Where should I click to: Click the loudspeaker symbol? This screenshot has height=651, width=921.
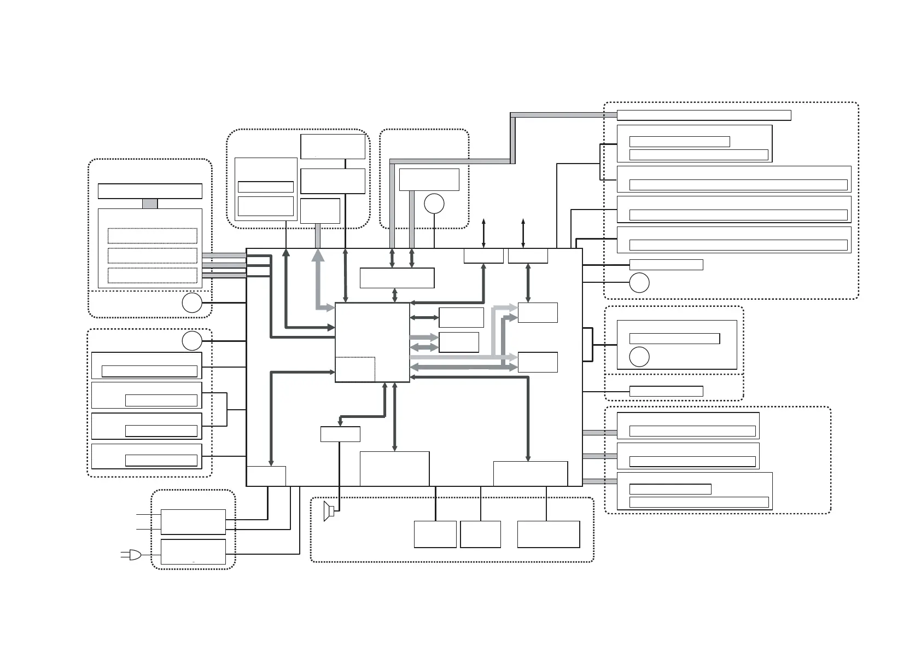[329, 510]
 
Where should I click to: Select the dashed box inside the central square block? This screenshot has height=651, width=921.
[355, 369]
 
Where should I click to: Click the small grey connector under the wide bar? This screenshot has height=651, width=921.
[150, 204]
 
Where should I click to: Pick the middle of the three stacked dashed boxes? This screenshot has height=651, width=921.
[153, 255]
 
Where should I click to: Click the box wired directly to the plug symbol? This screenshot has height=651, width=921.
[193, 551]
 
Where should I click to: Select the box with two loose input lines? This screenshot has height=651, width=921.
[193, 522]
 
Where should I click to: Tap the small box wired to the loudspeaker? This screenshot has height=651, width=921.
[340, 434]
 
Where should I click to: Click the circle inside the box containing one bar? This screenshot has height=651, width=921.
[639, 357]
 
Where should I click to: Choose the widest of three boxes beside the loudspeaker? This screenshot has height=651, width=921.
[549, 534]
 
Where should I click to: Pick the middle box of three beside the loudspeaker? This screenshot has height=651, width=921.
[480, 534]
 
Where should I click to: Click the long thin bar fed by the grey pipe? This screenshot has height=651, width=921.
[704, 115]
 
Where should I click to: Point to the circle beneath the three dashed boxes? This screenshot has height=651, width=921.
[192, 303]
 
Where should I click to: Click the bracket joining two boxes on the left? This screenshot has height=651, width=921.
[226, 409]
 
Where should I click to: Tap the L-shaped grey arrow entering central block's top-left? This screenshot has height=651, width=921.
[318, 284]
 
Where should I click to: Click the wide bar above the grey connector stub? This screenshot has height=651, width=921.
[150, 191]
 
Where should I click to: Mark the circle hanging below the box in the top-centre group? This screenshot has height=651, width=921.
[434, 204]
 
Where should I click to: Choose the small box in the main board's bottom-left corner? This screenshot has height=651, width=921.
[266, 476]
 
